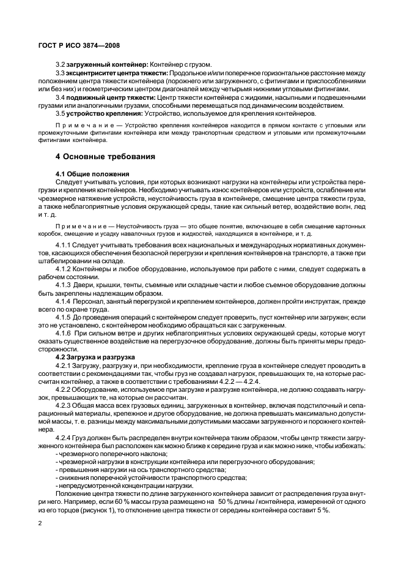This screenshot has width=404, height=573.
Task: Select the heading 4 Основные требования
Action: tap(105, 157)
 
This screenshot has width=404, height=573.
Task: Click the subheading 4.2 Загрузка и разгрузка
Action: tap(95, 357)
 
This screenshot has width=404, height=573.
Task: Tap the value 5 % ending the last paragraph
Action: tap(322, 510)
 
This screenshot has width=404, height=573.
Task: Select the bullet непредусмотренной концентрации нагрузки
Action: tap(116, 485)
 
